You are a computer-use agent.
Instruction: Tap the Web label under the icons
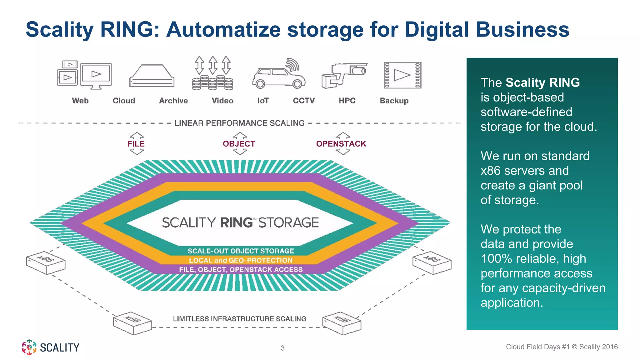(x=80, y=101)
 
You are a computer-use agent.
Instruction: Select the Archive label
(x=173, y=101)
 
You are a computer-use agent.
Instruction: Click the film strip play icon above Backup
(x=402, y=75)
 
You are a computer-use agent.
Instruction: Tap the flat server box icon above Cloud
(x=152, y=76)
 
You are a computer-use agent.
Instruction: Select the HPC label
(x=347, y=101)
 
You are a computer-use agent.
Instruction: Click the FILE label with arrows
(x=136, y=144)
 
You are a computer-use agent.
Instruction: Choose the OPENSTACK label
(x=341, y=144)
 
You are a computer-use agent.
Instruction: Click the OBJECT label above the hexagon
(x=239, y=144)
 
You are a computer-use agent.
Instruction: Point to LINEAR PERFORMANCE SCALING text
(x=239, y=123)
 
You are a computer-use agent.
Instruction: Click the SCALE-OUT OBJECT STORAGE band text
(x=241, y=251)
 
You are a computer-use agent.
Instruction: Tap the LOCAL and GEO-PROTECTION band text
(x=241, y=260)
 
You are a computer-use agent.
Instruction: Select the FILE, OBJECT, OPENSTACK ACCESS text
(x=241, y=270)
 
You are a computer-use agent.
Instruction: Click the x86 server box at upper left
(x=46, y=262)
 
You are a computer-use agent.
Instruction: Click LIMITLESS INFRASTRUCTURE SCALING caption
(x=240, y=319)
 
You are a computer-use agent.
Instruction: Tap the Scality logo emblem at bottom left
(x=29, y=347)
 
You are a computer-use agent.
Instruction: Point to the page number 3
(x=282, y=348)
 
